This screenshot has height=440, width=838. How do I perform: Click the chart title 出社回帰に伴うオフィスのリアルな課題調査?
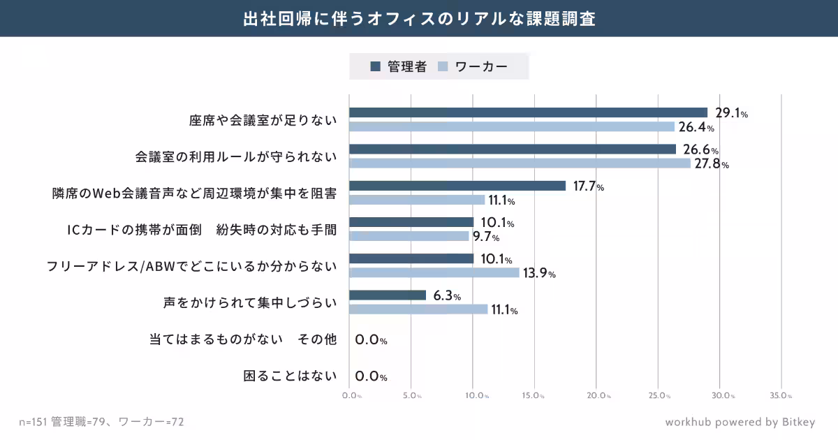(x=419, y=18)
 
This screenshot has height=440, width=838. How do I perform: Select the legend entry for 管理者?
(x=398, y=67)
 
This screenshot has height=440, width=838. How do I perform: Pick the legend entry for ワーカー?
(x=473, y=67)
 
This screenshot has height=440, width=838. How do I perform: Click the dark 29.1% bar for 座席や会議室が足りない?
(x=528, y=112)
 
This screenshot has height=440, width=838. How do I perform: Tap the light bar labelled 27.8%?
(x=520, y=163)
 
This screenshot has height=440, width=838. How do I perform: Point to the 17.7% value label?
(x=588, y=186)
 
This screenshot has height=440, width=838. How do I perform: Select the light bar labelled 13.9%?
(x=434, y=272)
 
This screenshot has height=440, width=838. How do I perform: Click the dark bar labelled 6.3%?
(x=388, y=295)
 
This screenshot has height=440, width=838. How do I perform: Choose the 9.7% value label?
(x=486, y=237)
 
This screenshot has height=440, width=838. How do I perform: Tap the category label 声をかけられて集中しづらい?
(x=249, y=303)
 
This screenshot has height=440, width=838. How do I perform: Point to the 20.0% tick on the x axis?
(x=598, y=396)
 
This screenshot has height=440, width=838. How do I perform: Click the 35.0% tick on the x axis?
(x=781, y=396)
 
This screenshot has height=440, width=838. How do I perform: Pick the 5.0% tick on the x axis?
(x=412, y=396)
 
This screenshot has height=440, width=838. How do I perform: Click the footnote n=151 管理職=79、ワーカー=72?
(x=101, y=422)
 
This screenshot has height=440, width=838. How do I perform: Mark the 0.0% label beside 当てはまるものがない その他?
(x=371, y=340)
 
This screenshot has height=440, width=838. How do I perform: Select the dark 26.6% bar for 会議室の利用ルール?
(x=513, y=149)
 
